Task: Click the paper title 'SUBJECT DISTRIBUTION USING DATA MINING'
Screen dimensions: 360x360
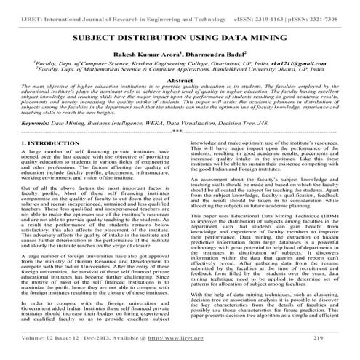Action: coord(179,35)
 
